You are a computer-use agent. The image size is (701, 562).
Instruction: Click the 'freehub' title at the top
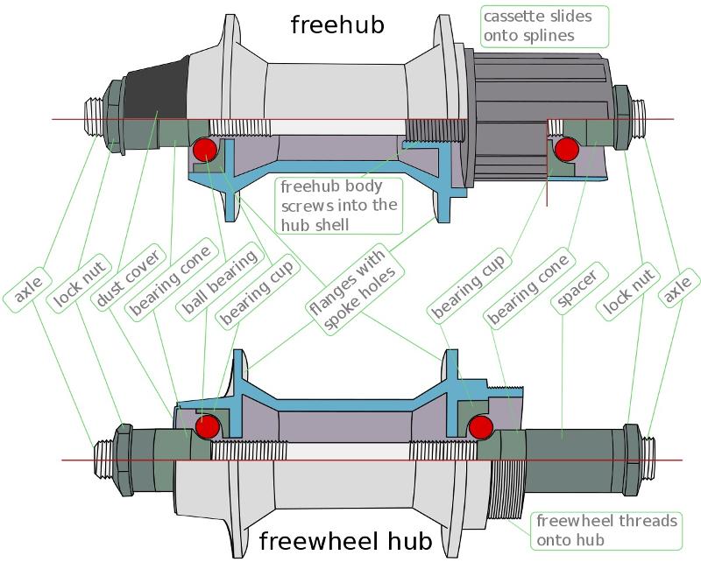click(x=337, y=25)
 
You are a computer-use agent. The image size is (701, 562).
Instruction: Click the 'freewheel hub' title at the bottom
click(x=345, y=541)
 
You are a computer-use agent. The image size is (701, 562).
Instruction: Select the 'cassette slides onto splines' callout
click(x=544, y=26)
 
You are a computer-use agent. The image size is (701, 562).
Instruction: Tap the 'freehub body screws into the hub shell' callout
click(x=339, y=206)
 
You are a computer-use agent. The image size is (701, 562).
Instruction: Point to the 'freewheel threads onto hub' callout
click(x=606, y=530)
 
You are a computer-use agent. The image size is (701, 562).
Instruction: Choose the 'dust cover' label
click(x=128, y=277)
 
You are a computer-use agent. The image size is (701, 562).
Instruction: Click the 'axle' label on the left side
click(x=28, y=290)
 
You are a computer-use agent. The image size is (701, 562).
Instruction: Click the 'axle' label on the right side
click(x=678, y=290)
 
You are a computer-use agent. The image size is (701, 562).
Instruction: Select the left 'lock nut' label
click(x=79, y=284)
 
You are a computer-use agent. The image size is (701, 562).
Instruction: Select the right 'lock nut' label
click(x=628, y=292)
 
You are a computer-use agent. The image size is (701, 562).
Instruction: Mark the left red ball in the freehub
click(x=205, y=150)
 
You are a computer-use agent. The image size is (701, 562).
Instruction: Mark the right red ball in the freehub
click(x=567, y=149)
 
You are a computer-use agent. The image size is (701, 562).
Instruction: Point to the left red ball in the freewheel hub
click(x=208, y=426)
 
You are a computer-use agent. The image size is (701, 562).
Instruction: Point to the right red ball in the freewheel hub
click(x=481, y=426)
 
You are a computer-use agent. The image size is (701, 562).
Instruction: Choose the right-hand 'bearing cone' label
click(x=528, y=290)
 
